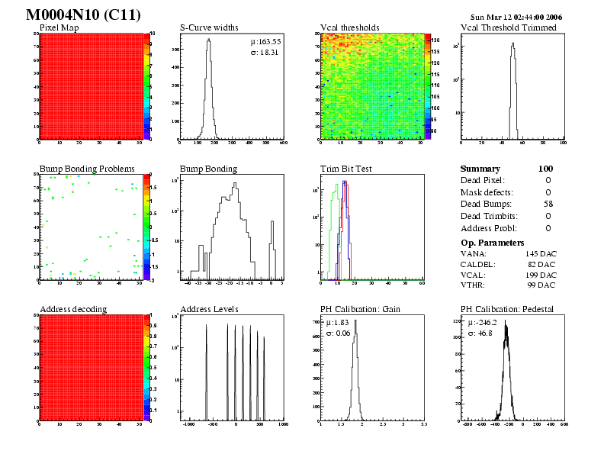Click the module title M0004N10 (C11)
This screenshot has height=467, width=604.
tap(82, 15)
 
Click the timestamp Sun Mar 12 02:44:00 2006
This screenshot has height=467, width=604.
tap(516, 17)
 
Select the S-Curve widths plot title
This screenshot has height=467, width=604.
tap(209, 28)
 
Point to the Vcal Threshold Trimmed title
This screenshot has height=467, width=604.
tap(509, 28)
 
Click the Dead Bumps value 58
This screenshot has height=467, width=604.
tap(548, 204)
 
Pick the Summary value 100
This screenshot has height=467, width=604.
tap(545, 169)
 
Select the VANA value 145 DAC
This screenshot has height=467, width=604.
tap(541, 253)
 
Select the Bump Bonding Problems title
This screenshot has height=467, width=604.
tap(87, 169)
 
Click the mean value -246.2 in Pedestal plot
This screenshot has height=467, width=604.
tap(484, 323)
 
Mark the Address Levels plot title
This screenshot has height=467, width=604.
tap(209, 309)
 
